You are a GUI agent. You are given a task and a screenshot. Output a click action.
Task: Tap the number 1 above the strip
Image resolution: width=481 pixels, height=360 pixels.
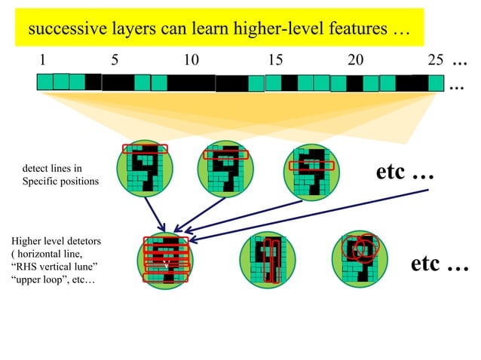(42, 60)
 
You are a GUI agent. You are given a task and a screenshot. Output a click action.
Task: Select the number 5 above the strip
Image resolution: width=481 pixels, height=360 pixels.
(114, 60)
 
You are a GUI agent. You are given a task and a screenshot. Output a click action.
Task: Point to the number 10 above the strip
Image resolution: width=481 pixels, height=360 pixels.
(191, 60)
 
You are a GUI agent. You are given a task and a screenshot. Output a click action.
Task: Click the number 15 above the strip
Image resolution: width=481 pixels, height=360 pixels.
(275, 60)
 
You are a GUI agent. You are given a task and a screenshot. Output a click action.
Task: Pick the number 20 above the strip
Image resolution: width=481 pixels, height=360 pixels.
(355, 60)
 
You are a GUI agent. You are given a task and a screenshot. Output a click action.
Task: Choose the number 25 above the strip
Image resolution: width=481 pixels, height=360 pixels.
(435, 60)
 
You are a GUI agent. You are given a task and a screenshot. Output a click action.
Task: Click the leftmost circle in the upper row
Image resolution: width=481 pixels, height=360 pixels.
(146, 170)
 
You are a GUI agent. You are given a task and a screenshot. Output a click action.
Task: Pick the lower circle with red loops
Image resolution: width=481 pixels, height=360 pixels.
(360, 258)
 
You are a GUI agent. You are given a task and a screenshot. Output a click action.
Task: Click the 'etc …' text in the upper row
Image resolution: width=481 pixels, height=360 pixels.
(405, 172)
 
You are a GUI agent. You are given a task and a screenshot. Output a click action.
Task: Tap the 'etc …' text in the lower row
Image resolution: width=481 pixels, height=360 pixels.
(440, 265)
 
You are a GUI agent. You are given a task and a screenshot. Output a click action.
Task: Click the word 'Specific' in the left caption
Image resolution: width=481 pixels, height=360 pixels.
(40, 182)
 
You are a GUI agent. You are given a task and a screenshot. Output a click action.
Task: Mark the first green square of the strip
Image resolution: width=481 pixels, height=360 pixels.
(45, 81)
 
